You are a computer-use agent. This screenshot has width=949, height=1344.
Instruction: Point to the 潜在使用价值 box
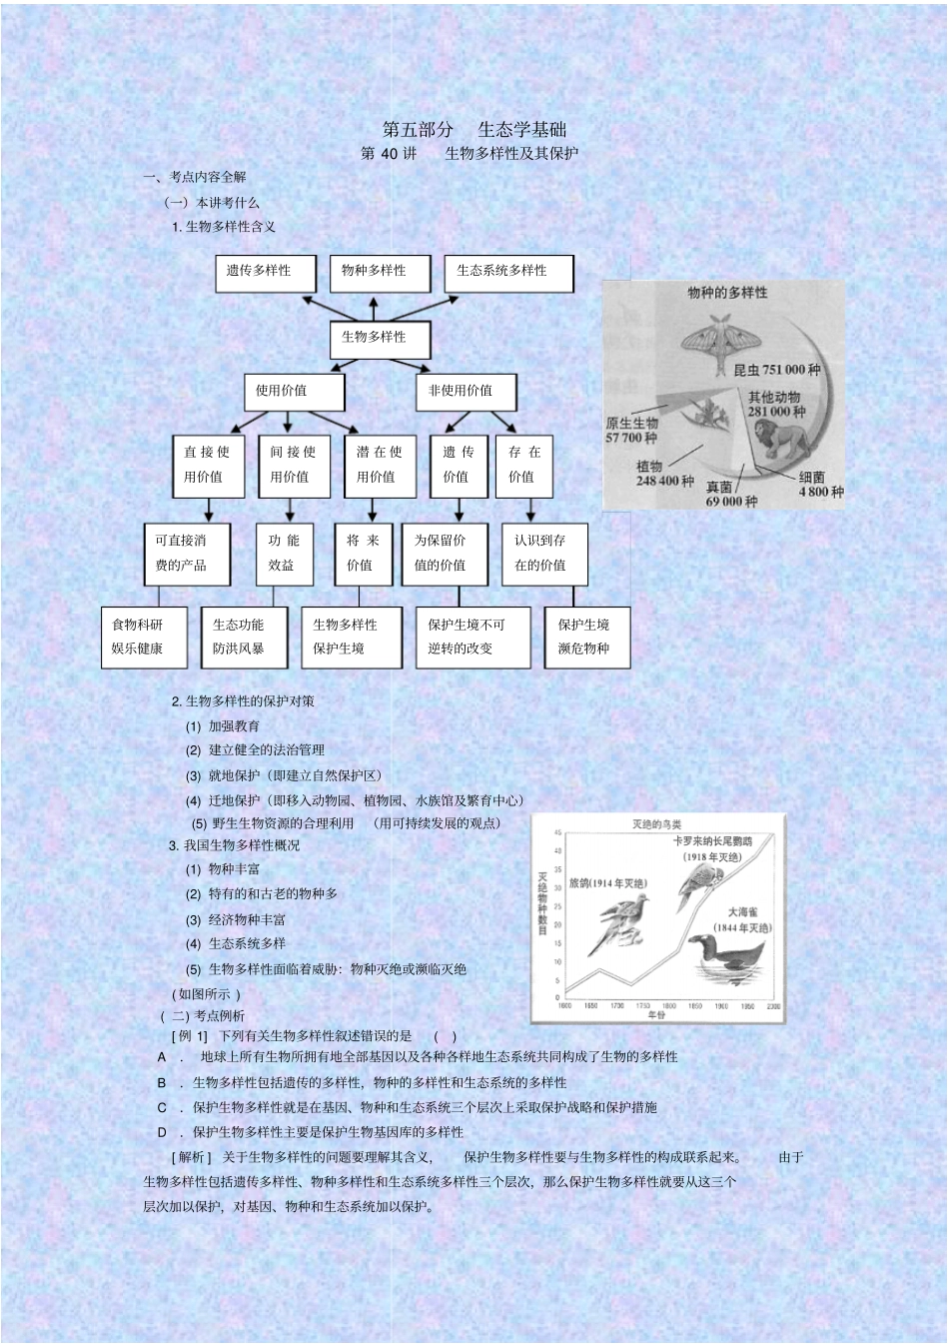tap(379, 466)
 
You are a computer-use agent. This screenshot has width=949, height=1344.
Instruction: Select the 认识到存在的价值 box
tap(543, 554)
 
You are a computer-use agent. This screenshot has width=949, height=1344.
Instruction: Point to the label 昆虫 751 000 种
tap(776, 370)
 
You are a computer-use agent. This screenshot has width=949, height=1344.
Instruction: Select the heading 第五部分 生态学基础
tap(474, 130)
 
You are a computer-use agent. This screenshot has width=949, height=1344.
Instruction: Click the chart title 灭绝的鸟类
tap(656, 824)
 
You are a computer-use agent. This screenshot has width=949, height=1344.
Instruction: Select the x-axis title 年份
tap(655, 1014)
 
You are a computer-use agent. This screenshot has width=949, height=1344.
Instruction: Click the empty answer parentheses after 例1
tap(446, 1036)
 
